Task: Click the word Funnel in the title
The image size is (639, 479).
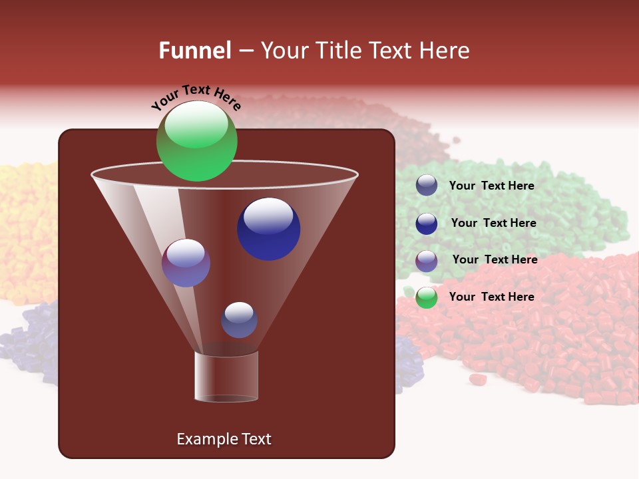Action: [194, 51]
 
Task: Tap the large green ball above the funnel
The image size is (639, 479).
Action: [197, 141]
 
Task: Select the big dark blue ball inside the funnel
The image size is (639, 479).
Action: [268, 229]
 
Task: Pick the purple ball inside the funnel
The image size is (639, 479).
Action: [186, 263]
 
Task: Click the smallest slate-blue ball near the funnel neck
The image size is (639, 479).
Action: [239, 319]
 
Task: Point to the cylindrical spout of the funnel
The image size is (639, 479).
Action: [226, 377]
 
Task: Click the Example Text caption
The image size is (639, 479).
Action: [224, 439]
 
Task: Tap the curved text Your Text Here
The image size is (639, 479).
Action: [196, 97]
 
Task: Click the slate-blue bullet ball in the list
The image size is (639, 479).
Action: [427, 185]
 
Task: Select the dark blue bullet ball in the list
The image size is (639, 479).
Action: [427, 223]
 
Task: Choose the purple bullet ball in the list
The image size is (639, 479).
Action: [427, 260]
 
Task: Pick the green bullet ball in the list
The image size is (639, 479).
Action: [427, 297]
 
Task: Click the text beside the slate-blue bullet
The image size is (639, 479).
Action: [491, 186]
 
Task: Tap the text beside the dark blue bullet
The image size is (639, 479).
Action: [493, 223]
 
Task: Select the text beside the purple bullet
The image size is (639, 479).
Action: [495, 259]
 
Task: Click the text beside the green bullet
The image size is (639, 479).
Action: [491, 297]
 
